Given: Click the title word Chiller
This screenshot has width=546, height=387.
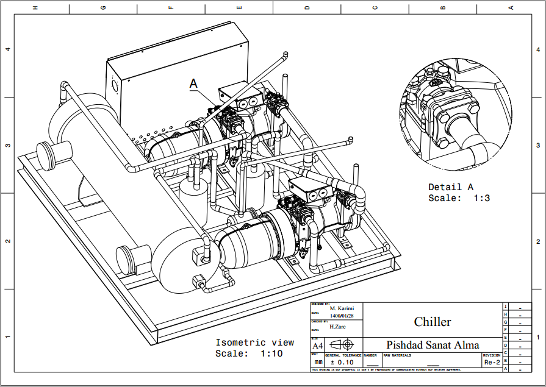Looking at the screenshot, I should click(x=433, y=322).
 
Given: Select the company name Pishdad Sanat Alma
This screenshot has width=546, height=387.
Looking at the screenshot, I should click(x=433, y=345).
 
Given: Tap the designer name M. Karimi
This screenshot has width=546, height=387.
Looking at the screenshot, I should click(x=342, y=308).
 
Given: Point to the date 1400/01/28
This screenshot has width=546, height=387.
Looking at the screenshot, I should click(x=342, y=316).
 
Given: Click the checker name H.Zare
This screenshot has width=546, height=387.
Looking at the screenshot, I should click(x=338, y=327).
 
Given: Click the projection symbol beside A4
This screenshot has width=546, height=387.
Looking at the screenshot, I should click(x=342, y=345).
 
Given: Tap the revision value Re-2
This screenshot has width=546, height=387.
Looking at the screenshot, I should click(x=492, y=362).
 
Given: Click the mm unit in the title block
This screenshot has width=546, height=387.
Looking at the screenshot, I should click(x=317, y=362).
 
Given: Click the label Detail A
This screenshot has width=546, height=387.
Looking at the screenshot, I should click(x=450, y=187).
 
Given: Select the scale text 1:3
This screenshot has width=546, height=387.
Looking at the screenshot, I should click(x=480, y=198).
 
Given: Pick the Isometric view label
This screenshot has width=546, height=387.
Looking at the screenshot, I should click(x=254, y=343).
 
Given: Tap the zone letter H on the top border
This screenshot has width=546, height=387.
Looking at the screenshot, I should click(x=35, y=7).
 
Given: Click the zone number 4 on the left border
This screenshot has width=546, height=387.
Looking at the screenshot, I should click(x=7, y=49).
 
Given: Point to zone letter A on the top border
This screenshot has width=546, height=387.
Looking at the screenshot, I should click(x=511, y=7).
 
